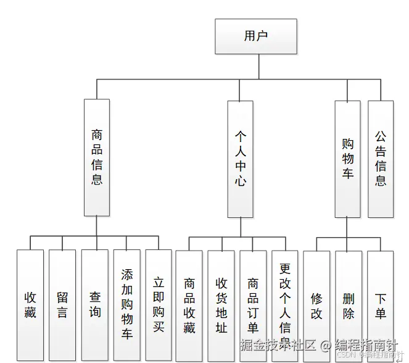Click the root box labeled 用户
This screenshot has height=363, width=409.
point(255,36)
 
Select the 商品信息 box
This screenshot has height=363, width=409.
point(97,157)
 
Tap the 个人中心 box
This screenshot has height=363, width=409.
point(241,159)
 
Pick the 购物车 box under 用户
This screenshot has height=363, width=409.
point(347,159)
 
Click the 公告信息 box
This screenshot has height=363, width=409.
point(381,159)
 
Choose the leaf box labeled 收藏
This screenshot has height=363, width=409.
point(30,305)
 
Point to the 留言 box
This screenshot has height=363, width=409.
point(62,305)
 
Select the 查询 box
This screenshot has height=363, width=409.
point(94,305)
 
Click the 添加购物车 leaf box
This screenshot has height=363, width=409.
point(126,305)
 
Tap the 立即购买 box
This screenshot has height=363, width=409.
point(159,305)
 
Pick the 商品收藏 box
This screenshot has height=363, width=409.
point(189,305)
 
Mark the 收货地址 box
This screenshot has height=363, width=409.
point(221,305)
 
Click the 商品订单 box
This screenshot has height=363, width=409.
point(253,305)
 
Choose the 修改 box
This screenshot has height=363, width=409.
point(316,305)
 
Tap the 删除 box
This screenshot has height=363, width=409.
point(349,305)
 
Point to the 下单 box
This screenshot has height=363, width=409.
point(381,305)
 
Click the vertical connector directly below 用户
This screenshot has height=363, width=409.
point(255,66)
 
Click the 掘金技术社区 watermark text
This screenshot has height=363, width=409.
point(277,344)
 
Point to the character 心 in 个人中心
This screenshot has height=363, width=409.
point(241,181)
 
